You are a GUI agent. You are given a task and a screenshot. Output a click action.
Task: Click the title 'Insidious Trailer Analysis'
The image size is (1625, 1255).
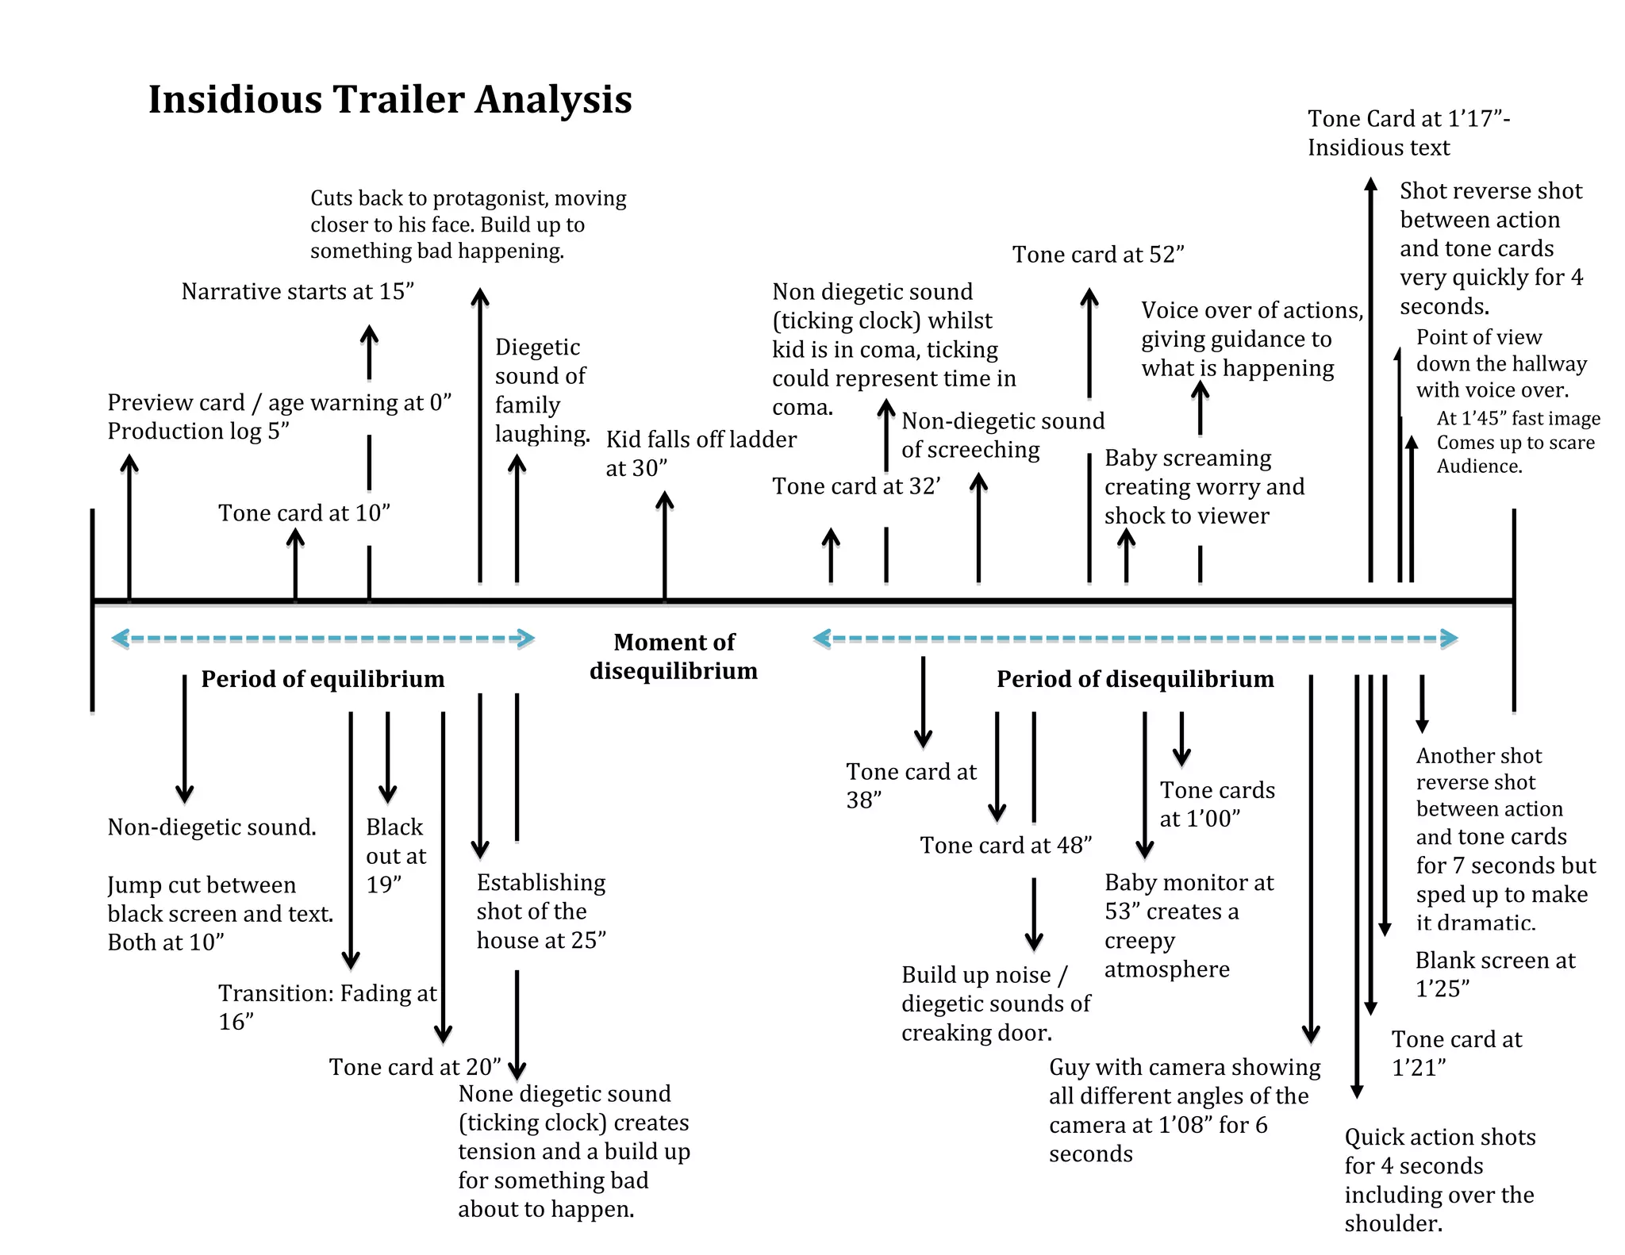[x=390, y=100]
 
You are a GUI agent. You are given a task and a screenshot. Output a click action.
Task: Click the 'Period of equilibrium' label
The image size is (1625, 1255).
[x=322, y=679]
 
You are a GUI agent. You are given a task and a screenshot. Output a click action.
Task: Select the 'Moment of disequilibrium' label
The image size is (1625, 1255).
[x=674, y=656]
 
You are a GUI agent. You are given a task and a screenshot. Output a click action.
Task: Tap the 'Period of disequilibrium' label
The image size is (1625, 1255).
[x=1135, y=679]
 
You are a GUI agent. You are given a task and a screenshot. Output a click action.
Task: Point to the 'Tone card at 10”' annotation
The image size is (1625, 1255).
[x=305, y=513]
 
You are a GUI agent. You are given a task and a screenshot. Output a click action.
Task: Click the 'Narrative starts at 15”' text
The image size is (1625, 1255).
[x=298, y=292]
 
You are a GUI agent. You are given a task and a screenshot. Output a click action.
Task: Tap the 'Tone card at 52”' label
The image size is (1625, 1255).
[x=1098, y=255]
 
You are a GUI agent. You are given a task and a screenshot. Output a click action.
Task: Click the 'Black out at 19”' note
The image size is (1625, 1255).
[x=395, y=855]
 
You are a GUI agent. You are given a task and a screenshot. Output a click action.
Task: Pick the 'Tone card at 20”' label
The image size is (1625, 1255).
[x=415, y=1067]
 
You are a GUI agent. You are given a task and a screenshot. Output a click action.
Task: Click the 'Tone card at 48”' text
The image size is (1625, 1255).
[x=1005, y=846]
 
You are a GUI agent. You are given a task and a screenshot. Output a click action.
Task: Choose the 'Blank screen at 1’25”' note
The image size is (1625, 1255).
[x=1495, y=974]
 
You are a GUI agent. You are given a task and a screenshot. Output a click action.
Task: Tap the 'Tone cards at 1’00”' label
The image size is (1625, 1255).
[x=1217, y=804]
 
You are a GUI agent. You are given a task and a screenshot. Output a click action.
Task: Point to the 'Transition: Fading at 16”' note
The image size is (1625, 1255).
[x=327, y=1007]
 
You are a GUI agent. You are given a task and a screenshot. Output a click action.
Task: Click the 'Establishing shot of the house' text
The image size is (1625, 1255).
[x=541, y=912]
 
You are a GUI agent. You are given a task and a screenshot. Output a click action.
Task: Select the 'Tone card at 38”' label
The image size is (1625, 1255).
[x=911, y=785]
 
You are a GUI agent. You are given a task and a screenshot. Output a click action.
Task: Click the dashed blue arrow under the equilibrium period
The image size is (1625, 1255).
[x=323, y=638]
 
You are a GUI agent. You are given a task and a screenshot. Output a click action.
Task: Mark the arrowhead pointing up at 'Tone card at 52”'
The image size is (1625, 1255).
[x=1089, y=298]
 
